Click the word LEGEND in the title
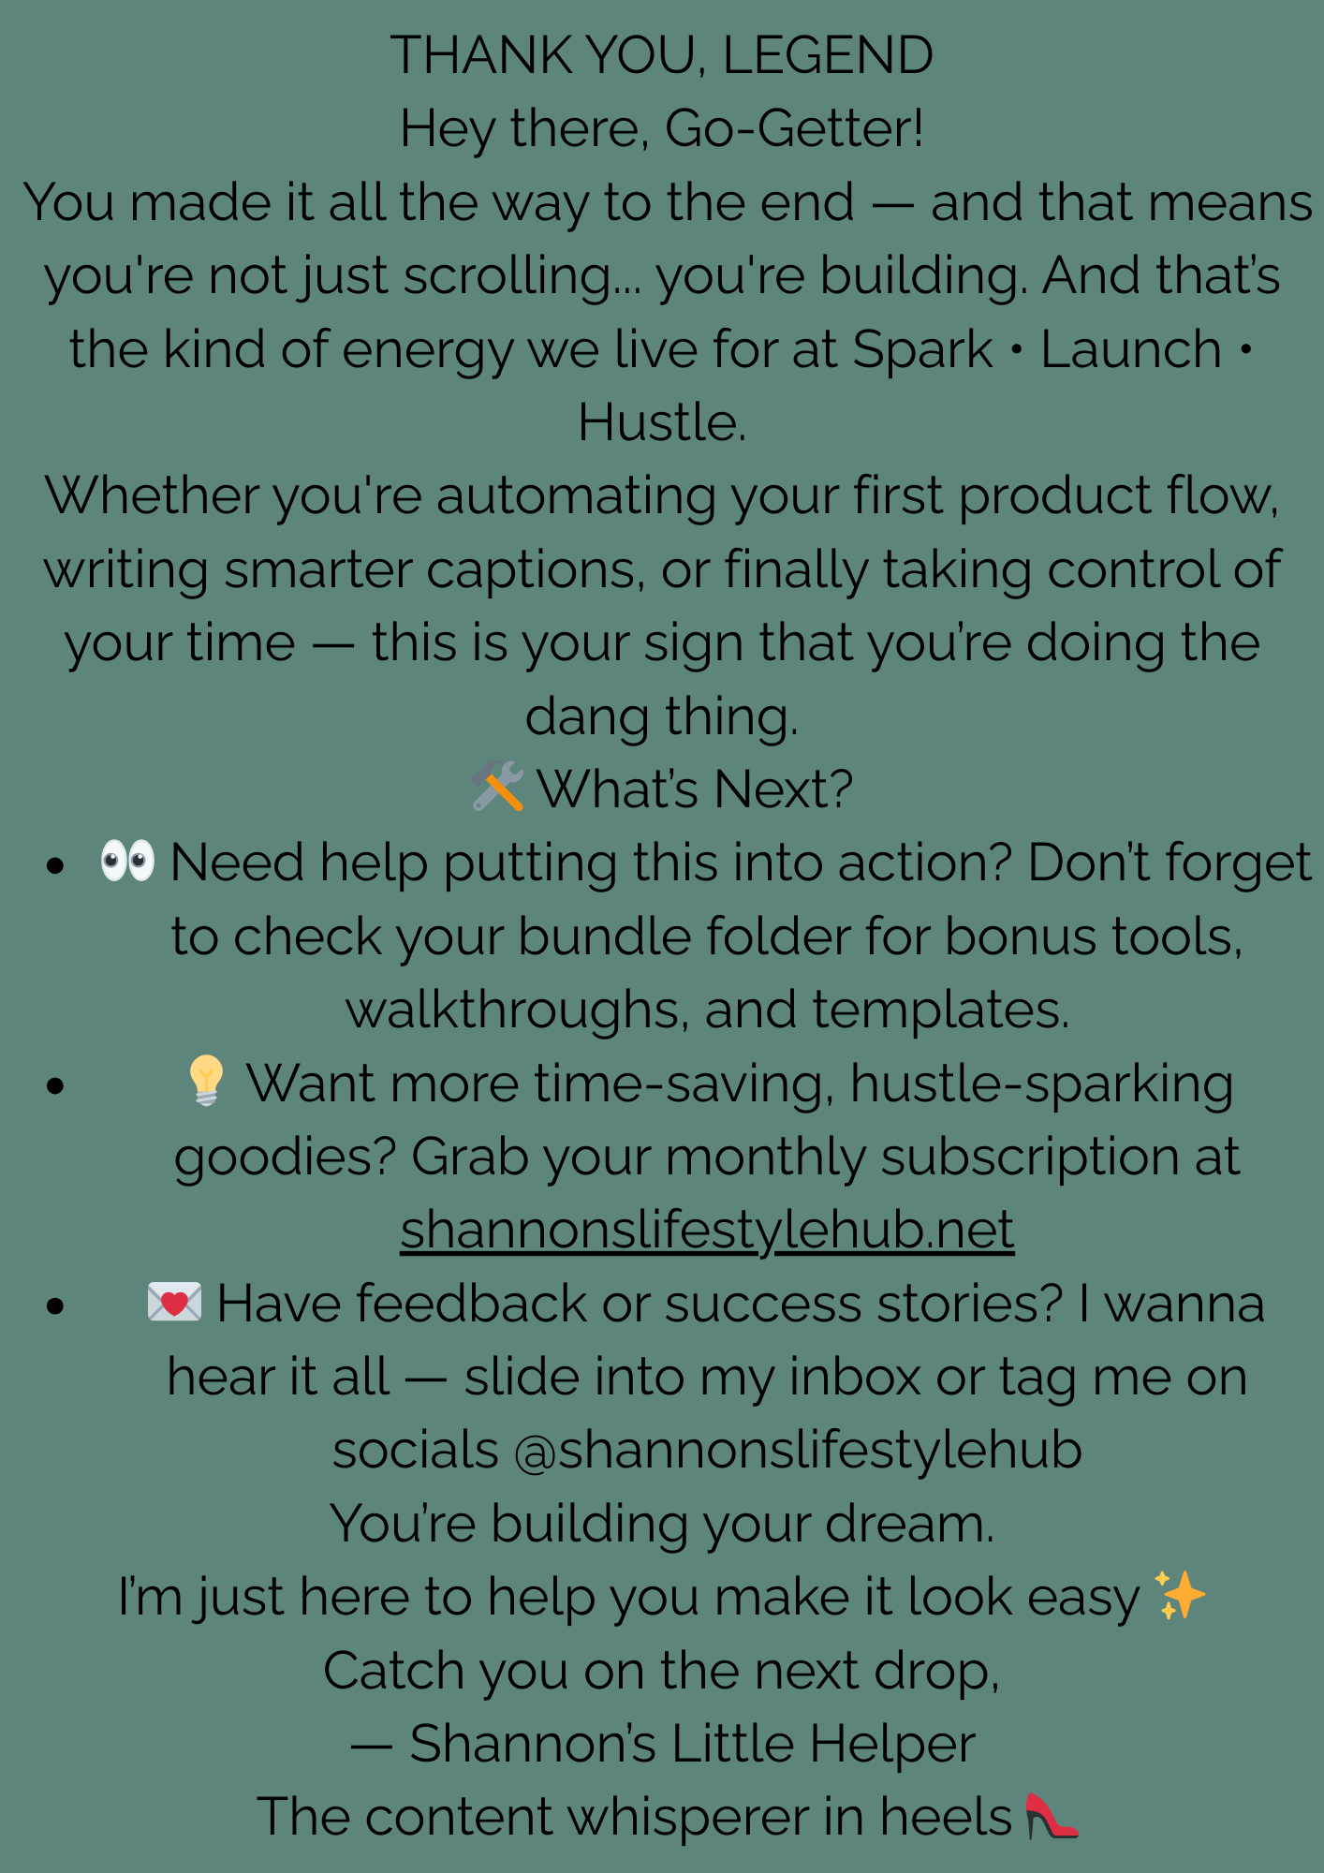828,55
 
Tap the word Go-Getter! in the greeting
794,128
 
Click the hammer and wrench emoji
497,786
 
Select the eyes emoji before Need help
128,860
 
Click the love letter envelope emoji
175,1302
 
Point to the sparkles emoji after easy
1180,1594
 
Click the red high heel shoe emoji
1052,1816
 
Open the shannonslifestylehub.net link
707,1230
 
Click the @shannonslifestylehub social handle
799,1450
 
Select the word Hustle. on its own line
662,422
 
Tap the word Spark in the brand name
922,350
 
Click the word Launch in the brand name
1131,349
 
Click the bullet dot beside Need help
55,864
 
